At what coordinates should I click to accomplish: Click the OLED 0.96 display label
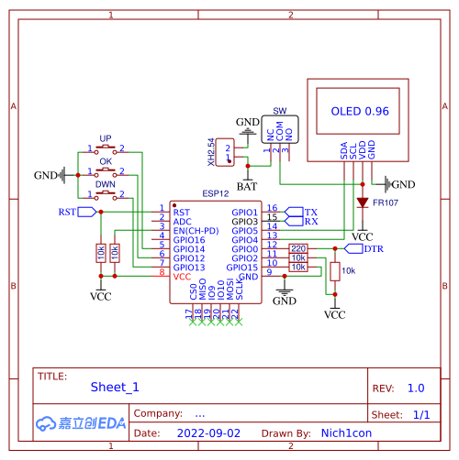359,111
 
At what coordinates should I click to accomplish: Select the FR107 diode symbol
363,202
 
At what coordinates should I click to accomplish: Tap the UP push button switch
106,148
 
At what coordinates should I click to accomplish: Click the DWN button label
106,184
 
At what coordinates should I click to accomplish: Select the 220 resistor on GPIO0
298,248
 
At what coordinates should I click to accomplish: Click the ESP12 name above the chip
216,194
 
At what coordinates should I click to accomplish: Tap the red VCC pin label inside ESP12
183,276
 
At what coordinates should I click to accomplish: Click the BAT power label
246,186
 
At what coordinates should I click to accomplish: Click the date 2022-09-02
208,433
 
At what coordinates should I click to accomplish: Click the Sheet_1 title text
115,387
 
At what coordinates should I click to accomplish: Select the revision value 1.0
416,388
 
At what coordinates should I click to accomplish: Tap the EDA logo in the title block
81,422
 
